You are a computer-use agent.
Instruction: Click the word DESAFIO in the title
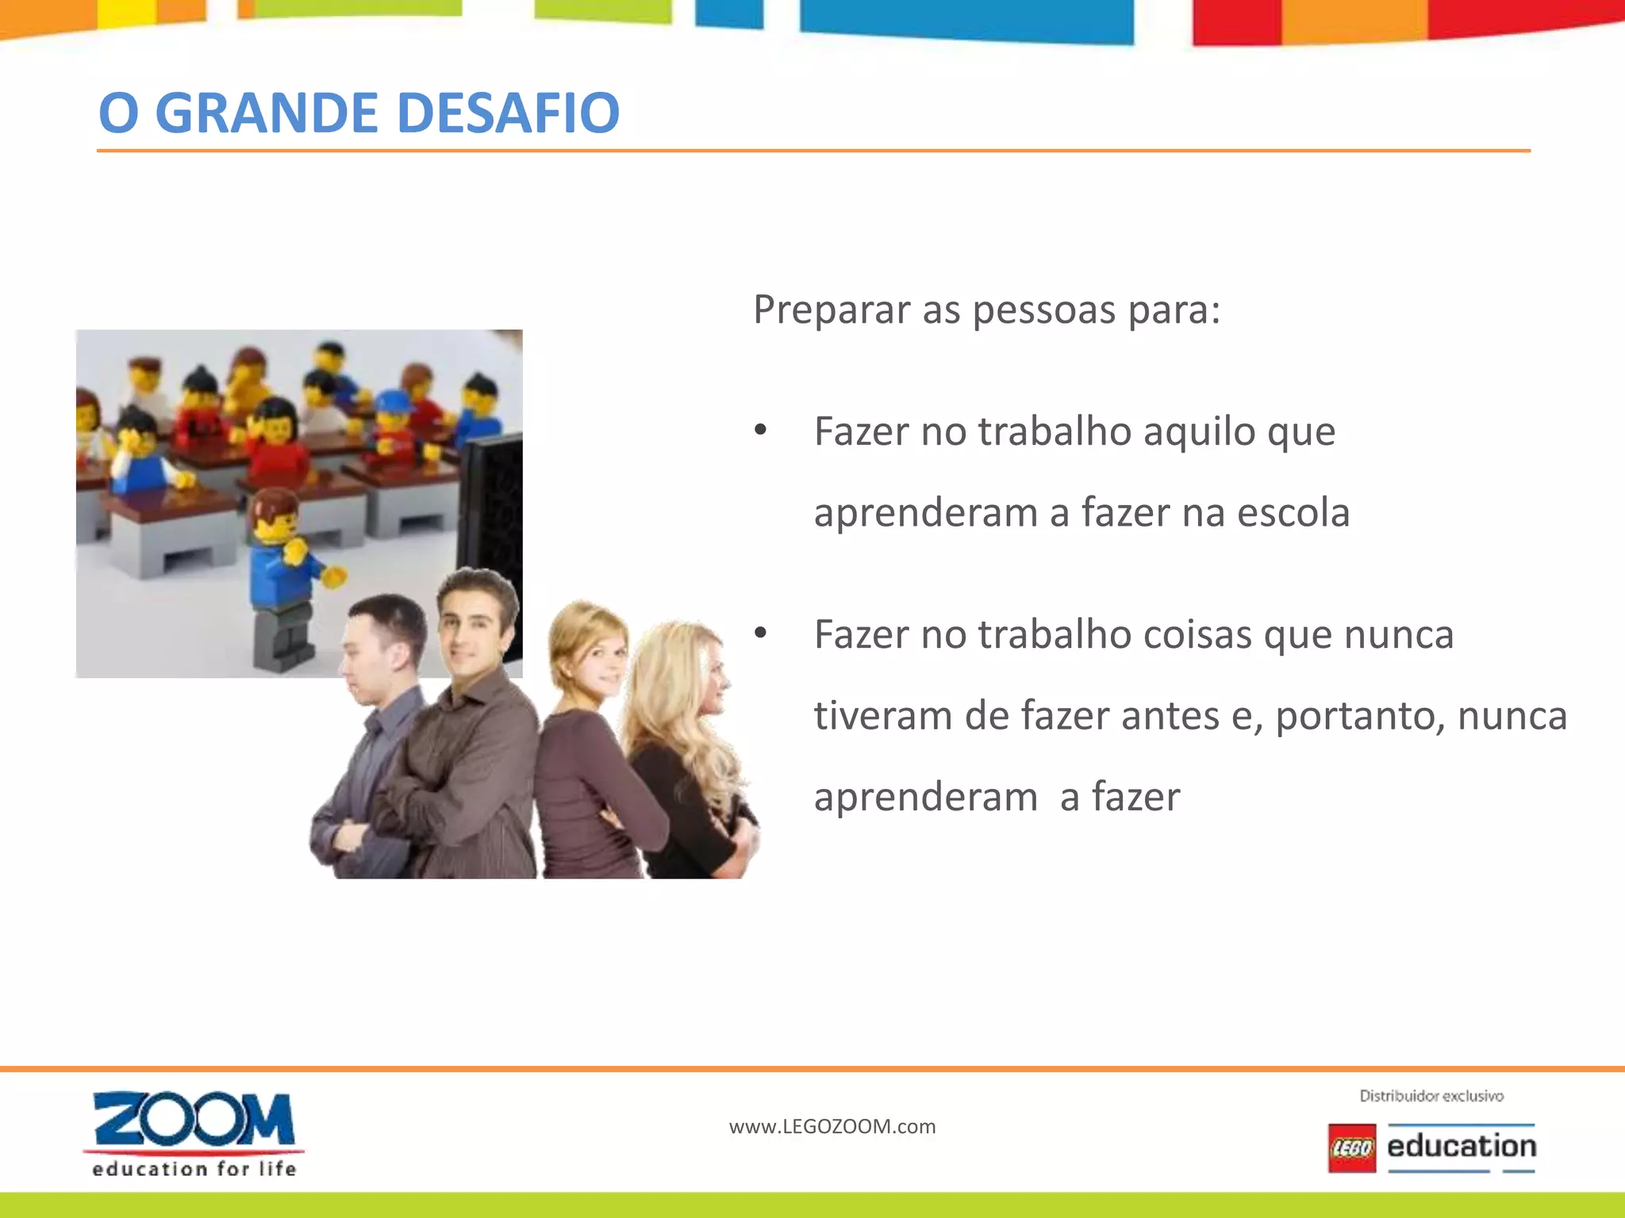point(507,113)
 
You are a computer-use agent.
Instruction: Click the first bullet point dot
point(761,431)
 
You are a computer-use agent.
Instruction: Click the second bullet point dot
point(761,634)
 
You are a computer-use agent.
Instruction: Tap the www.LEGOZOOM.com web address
point(832,1127)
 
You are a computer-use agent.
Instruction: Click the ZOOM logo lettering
point(194,1120)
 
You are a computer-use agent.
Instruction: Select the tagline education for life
point(194,1169)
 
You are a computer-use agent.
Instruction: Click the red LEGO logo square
point(1352,1147)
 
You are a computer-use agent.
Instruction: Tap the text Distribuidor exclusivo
point(1431,1096)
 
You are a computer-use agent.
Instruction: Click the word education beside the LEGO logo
point(1462,1147)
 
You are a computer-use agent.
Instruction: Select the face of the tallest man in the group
point(471,627)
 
